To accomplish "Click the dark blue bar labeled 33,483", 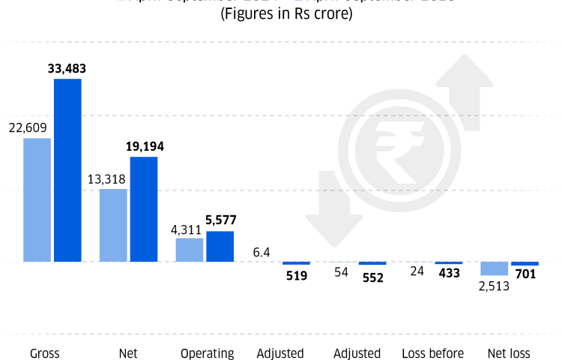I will click(x=67, y=170).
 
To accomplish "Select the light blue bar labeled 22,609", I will click(x=37, y=200).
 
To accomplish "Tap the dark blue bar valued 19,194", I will click(x=144, y=209).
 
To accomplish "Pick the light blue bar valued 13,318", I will click(x=113, y=226).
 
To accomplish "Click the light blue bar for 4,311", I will click(x=190, y=250).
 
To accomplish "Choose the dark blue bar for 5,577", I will click(x=220, y=247).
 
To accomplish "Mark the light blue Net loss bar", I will click(x=495, y=268).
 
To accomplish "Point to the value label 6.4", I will click(x=262, y=252).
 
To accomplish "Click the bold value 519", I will click(x=297, y=276).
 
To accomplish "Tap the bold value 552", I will click(x=372, y=277).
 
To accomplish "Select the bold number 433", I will click(x=449, y=274).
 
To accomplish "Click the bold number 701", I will click(x=525, y=274).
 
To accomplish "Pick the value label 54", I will click(x=342, y=272).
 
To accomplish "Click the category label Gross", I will click(x=45, y=353).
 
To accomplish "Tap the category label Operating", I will click(x=208, y=353).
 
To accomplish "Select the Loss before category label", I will click(x=433, y=353).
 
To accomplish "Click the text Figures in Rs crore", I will click(x=285, y=13).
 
